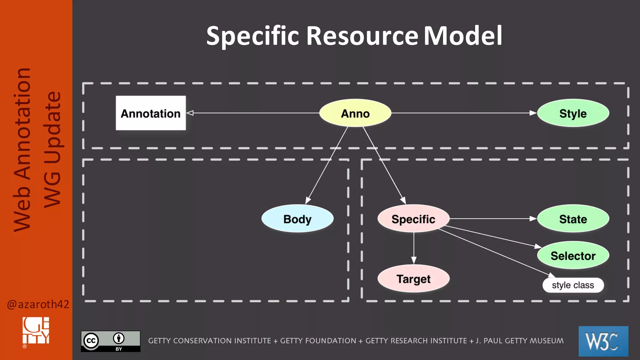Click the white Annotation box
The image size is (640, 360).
(151, 113)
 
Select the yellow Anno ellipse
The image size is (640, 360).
(355, 113)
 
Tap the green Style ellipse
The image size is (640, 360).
(573, 113)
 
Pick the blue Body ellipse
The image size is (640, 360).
(297, 219)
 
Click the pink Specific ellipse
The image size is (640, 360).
(413, 219)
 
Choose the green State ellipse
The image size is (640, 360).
(573, 219)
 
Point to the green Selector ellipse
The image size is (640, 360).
(573, 255)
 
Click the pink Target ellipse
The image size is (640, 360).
(413, 278)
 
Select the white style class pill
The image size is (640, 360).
(573, 285)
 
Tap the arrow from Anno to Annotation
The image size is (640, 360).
(253, 113)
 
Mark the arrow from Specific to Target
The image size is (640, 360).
(414, 248)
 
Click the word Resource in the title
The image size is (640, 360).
(362, 36)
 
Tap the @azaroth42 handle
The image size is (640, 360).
(38, 304)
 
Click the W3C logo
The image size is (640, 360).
(603, 341)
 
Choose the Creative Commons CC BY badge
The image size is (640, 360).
(111, 341)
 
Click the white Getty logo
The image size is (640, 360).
(36, 331)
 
